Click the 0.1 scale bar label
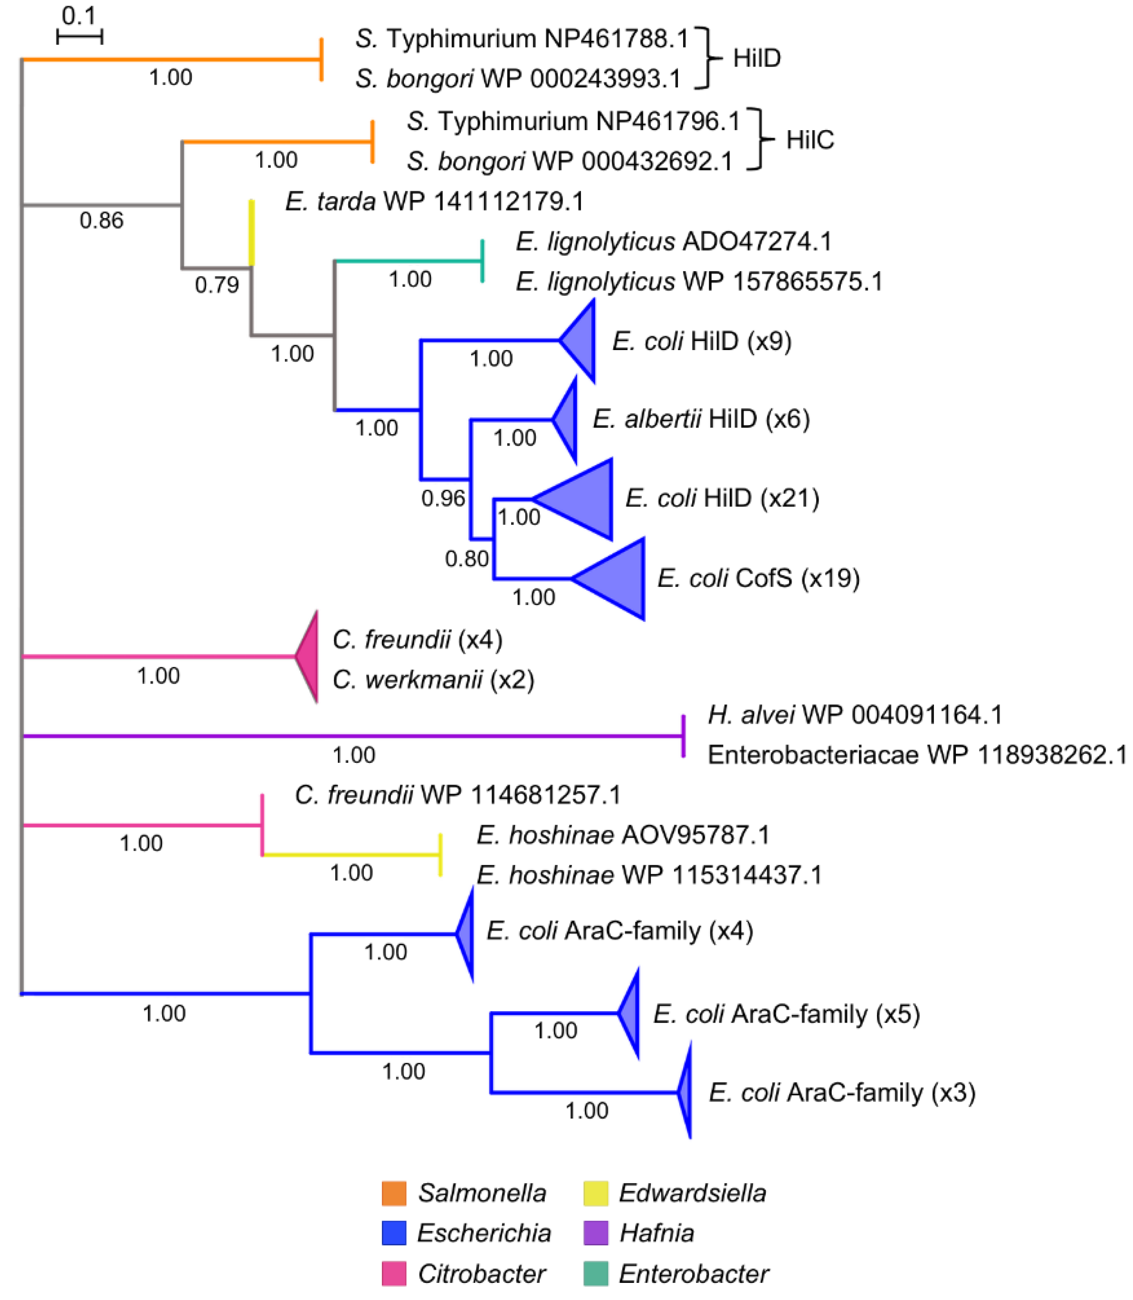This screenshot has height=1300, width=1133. (78, 15)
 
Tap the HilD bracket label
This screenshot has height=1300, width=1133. (757, 58)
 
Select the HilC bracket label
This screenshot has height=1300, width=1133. (810, 140)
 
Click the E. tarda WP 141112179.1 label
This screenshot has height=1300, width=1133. (434, 201)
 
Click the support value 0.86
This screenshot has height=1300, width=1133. (101, 220)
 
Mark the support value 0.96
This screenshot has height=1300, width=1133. (443, 499)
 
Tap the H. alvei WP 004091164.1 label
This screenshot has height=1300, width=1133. (855, 715)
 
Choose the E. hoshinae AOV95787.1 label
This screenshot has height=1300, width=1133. (623, 835)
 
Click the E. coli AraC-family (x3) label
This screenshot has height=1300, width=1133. (841, 1093)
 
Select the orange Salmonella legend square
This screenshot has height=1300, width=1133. (394, 1193)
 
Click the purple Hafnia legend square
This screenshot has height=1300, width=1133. (596, 1233)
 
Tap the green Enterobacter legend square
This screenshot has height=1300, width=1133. (596, 1273)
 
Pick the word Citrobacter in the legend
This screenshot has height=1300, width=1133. (482, 1274)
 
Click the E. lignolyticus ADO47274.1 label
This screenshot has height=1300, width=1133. (673, 241)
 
